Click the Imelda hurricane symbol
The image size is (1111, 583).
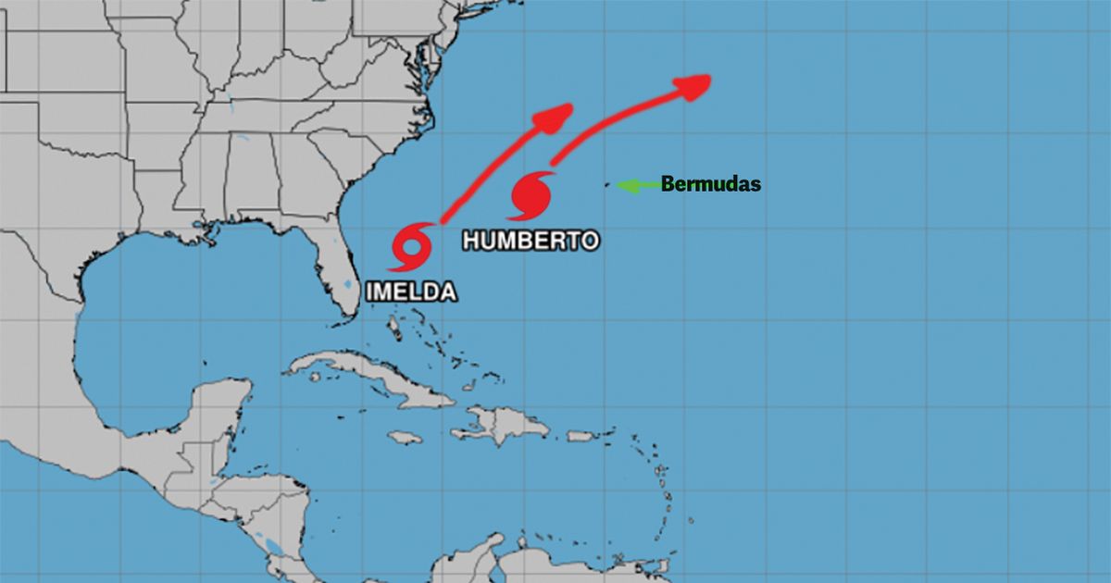[411, 245]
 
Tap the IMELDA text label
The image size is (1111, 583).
[412, 291]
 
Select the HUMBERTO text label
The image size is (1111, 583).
[531, 241]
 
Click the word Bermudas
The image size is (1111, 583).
[711, 184]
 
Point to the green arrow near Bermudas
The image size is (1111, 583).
[638, 185]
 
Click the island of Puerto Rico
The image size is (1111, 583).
[580, 436]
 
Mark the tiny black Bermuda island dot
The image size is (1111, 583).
[608, 185]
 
